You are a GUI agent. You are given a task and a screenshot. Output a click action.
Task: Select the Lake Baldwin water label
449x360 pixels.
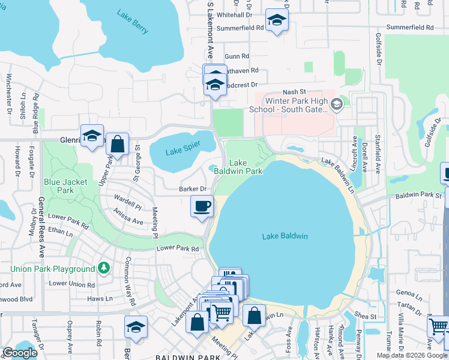pos(285,236)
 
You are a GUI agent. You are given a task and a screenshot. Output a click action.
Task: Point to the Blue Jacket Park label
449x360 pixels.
pos(65,186)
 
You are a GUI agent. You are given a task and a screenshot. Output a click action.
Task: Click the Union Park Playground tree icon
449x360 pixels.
pos(104,266)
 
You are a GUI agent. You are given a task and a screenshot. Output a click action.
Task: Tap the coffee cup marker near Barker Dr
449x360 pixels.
pos(202,206)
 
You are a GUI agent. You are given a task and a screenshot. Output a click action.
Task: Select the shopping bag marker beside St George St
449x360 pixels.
pos(118,145)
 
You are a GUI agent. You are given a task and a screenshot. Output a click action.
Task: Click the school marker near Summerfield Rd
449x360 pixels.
pos(277,21)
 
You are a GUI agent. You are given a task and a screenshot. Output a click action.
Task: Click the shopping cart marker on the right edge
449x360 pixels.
pos(439,328)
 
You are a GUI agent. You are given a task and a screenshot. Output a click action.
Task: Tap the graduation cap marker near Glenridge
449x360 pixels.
pos(92,136)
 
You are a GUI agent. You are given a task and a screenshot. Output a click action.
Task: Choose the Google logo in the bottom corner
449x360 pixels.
pos(20,353)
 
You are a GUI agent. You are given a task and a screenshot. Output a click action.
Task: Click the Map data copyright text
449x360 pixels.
pos(412,355)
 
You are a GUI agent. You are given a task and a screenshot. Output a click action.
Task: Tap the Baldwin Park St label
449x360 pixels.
pos(419,195)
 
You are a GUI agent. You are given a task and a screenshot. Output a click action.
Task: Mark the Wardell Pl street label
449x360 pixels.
pos(128,203)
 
